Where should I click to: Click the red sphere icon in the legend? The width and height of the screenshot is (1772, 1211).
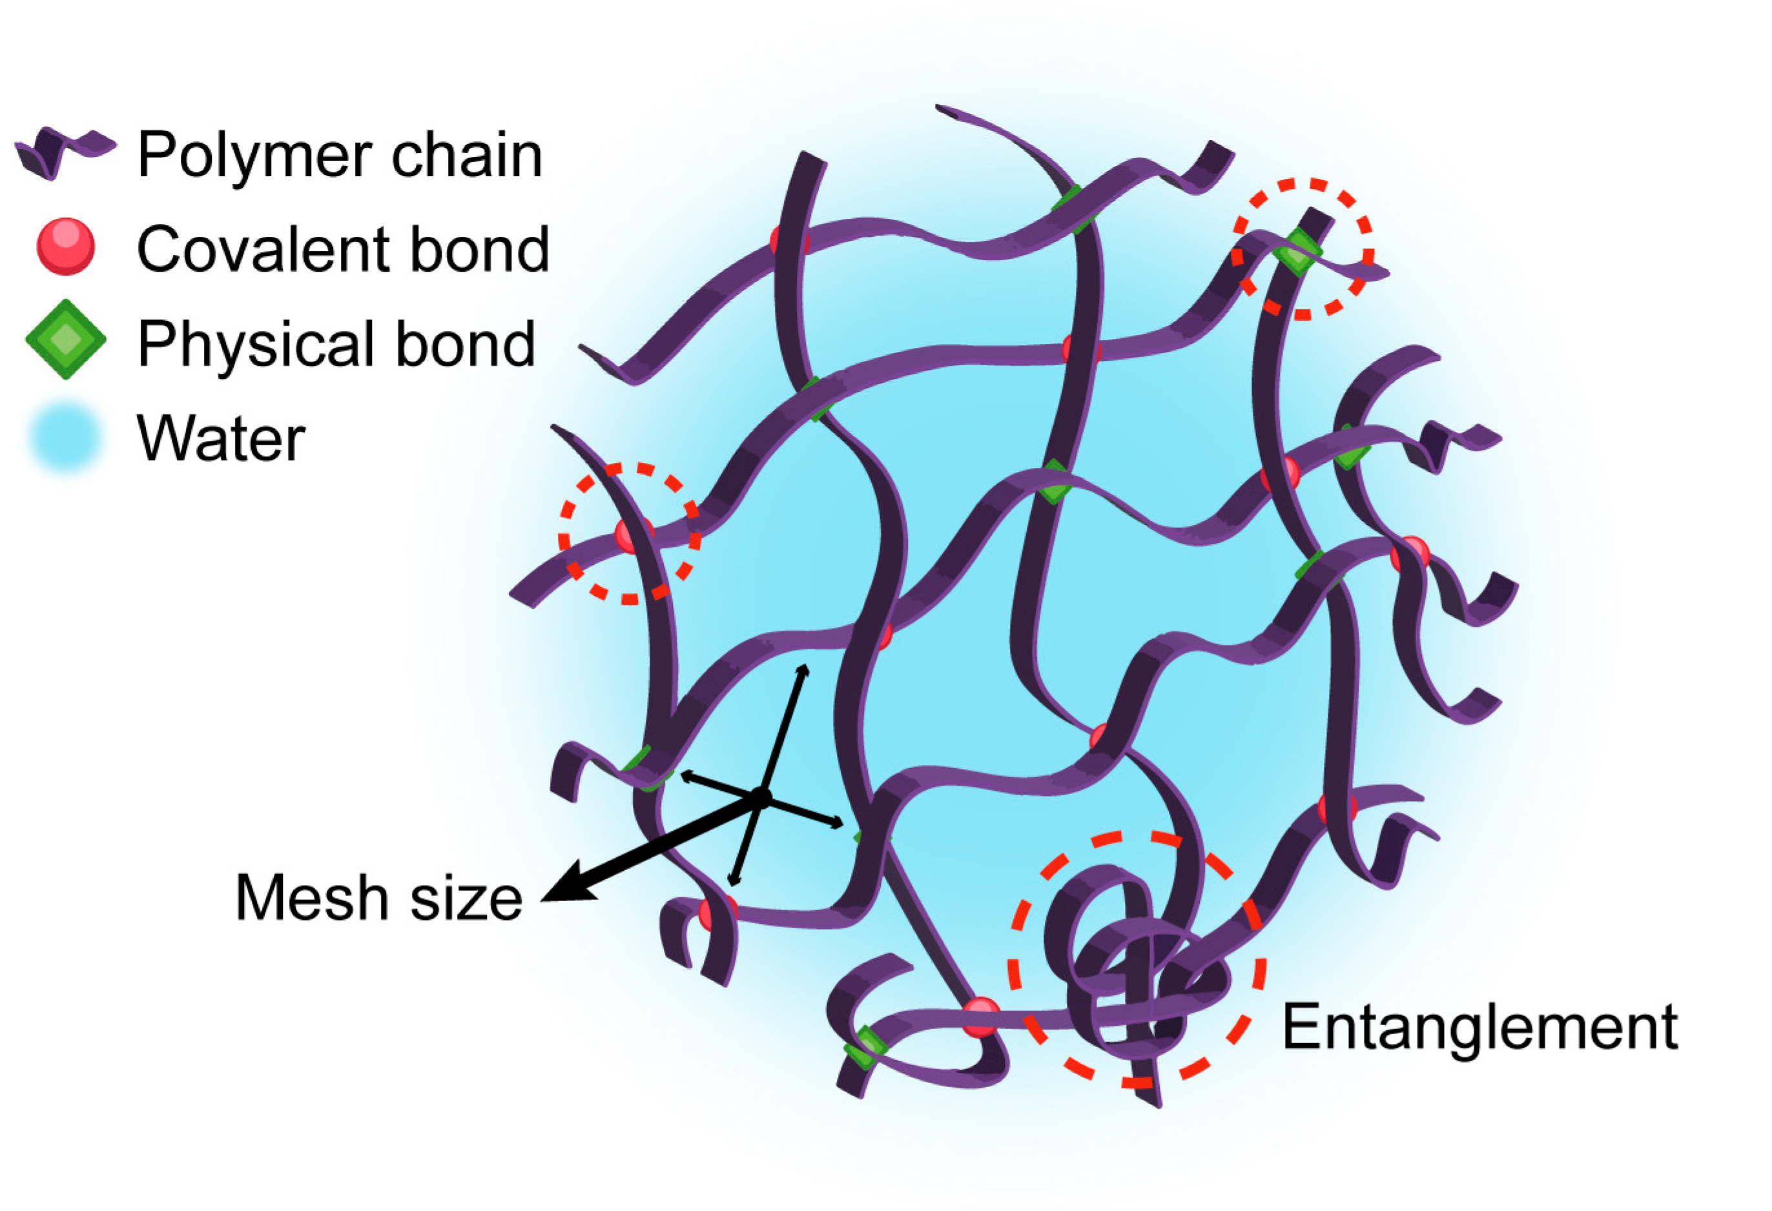pos(66,246)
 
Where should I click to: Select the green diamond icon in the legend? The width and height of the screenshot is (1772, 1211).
pos(66,339)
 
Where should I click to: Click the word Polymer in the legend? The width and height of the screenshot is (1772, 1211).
pos(258,156)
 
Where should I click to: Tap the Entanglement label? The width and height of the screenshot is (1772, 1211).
pos(1479,1026)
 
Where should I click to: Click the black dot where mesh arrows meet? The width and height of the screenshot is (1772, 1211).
pos(760,797)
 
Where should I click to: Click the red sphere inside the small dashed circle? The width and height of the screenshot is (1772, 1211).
pos(630,534)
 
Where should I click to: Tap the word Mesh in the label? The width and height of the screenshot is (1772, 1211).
pos(312,898)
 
